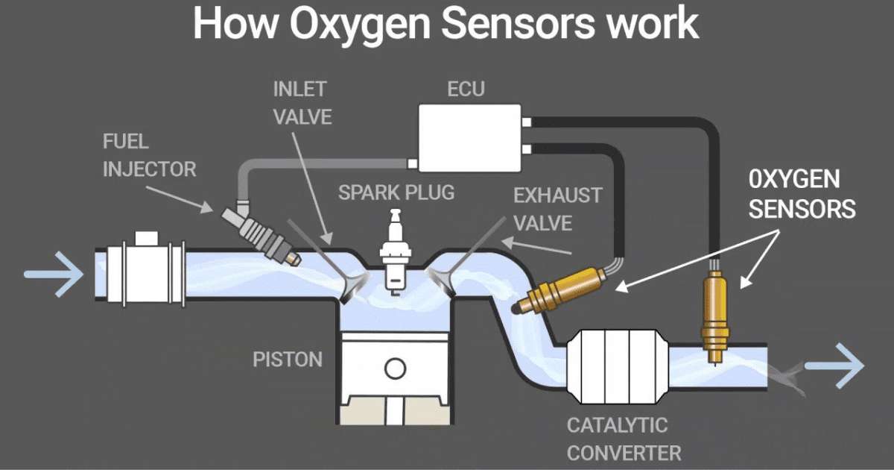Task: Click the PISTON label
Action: click(288, 360)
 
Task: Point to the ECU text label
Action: click(466, 90)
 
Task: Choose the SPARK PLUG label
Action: click(396, 192)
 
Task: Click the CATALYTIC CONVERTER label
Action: click(624, 439)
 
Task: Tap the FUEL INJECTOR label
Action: click(149, 155)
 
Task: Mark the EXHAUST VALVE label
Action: click(557, 209)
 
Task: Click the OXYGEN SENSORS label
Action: click(801, 194)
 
